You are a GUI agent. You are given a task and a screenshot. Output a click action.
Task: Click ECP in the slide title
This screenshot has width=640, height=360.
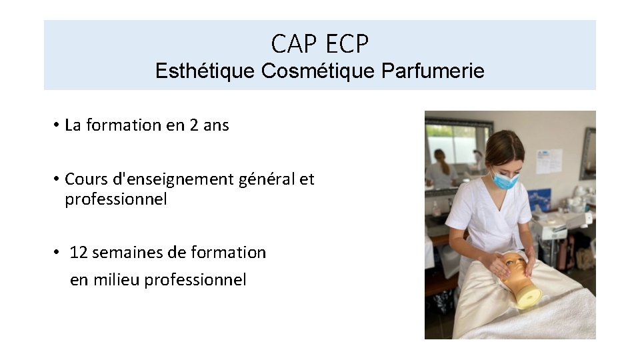tap(347, 44)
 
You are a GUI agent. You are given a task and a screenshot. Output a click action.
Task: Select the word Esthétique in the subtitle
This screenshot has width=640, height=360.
tap(205, 71)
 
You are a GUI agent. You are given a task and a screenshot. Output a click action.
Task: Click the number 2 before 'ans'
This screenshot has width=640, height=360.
tap(194, 125)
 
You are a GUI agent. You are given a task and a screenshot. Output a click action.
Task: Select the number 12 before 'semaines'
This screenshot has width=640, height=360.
tap(79, 253)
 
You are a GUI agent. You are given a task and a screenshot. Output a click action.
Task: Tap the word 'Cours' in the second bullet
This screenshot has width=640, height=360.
tap(85, 179)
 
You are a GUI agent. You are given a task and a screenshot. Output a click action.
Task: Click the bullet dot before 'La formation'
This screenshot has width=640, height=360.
tap(58, 125)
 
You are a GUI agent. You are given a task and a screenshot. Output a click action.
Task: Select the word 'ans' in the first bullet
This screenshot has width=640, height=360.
tap(216, 125)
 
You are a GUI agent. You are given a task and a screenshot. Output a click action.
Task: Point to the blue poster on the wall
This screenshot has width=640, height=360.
tap(539, 200)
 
